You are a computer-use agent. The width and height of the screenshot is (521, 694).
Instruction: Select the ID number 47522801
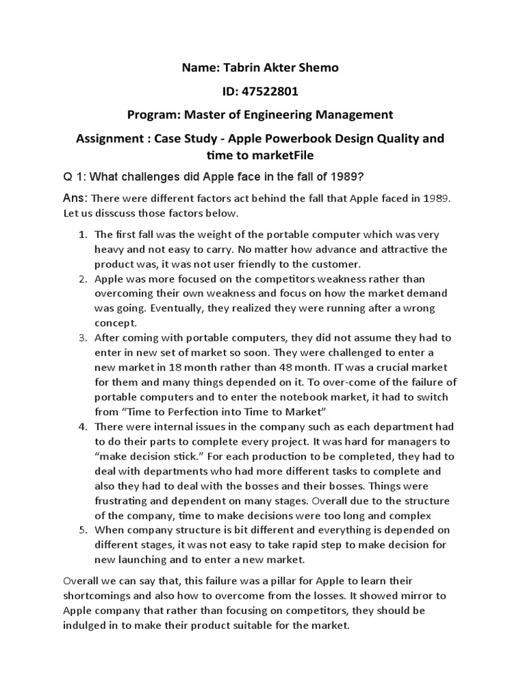click(271, 91)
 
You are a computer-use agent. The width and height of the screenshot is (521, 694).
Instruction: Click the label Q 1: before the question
click(74, 177)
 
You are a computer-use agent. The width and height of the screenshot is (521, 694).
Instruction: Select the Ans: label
click(75, 199)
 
